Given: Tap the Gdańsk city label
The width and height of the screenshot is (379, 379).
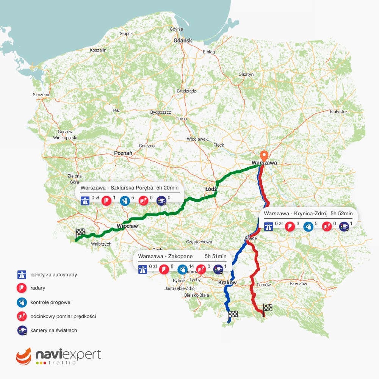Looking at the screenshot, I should [183, 41].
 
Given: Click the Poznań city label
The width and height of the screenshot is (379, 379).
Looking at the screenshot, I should [123, 153].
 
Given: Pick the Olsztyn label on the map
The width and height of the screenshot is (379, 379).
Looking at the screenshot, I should [246, 74].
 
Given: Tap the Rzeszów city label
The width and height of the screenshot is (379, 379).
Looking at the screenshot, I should [298, 283].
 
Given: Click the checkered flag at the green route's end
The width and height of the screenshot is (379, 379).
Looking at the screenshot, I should [80, 233].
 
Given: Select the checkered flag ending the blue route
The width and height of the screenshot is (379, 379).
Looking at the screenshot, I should [233, 314].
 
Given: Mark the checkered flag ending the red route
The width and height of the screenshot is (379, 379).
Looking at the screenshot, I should [268, 309].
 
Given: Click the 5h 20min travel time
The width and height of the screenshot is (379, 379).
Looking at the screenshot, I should [168, 188].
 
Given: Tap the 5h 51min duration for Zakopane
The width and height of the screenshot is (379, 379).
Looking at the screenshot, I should [216, 257].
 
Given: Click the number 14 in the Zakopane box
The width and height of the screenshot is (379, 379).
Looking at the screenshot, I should [191, 266].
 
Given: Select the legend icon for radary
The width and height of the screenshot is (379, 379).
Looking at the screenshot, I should [22, 288].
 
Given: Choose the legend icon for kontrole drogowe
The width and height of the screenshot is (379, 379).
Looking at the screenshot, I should [22, 302].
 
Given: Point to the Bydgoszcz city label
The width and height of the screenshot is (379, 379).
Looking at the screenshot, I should [161, 113].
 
